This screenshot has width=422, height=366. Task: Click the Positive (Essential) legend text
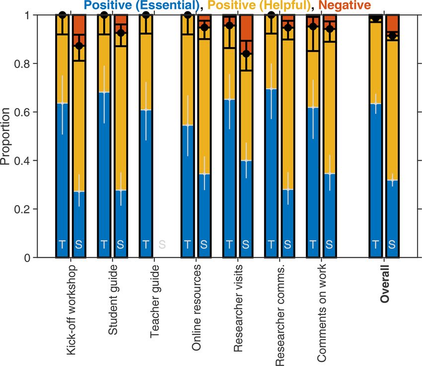tap(144, 6)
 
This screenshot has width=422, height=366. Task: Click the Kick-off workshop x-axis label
tap(71, 309)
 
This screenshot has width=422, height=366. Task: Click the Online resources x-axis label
tap(197, 307)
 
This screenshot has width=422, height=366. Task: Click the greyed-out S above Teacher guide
tap(162, 244)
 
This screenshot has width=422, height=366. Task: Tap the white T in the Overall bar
tap(376, 244)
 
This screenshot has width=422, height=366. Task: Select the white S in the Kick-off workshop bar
tap(79, 244)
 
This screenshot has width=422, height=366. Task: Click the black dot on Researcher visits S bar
tap(246, 54)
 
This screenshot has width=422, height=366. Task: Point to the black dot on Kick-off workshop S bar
tap(79, 46)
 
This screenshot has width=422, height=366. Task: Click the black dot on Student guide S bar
tap(121, 33)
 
